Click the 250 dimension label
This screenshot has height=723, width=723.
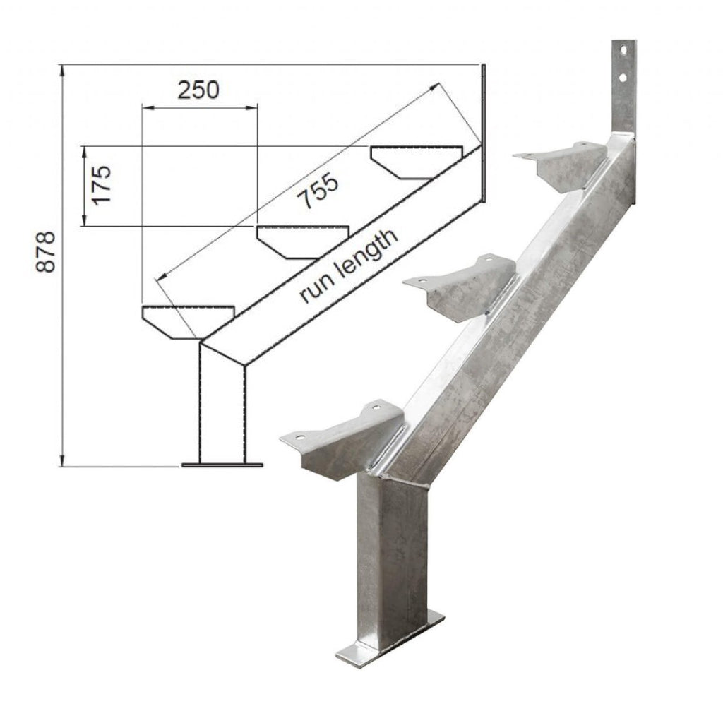coord(198,90)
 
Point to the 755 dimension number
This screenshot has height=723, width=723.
coord(318,191)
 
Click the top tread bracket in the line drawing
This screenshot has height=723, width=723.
coord(417,161)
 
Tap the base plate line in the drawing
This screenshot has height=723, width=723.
coord(222,465)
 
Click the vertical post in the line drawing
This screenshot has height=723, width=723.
coord(223,402)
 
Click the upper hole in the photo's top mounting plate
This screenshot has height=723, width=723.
coord(623,50)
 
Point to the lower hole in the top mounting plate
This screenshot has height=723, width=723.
coord(623,75)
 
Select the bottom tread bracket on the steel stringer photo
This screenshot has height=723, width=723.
coord(346,438)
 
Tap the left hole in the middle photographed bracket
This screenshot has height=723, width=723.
coord(419,281)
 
